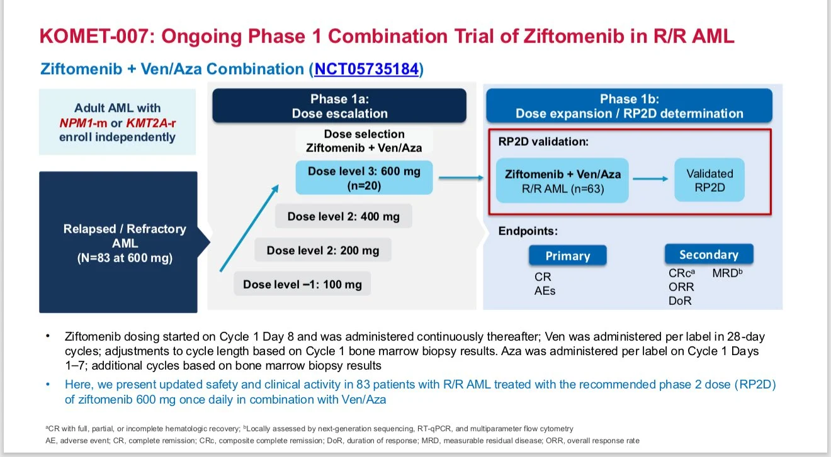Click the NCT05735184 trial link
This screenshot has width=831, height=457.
[x=366, y=69]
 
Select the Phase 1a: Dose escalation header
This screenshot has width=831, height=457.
[x=339, y=106]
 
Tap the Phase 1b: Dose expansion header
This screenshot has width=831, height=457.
[x=629, y=106]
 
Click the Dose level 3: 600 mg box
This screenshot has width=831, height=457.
[x=364, y=178]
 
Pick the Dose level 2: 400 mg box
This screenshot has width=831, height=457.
[x=343, y=216]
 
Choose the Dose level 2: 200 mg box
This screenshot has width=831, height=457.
[x=322, y=250]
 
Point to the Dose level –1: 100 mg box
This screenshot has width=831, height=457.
[x=302, y=284]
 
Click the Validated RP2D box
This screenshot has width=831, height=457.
[x=709, y=180]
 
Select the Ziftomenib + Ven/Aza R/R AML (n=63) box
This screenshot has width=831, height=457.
[x=562, y=180]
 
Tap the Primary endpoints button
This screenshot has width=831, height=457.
[x=567, y=256]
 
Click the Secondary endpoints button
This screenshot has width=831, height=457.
[x=708, y=255]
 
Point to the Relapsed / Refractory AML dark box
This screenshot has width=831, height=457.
[x=118, y=242]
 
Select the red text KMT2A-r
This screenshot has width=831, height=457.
[x=152, y=123]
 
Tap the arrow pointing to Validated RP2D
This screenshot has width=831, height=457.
[x=650, y=179]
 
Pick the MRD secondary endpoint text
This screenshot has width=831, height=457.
[x=727, y=273]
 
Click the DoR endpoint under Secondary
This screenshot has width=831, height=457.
[x=680, y=300]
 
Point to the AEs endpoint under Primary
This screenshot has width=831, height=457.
[x=545, y=290]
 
